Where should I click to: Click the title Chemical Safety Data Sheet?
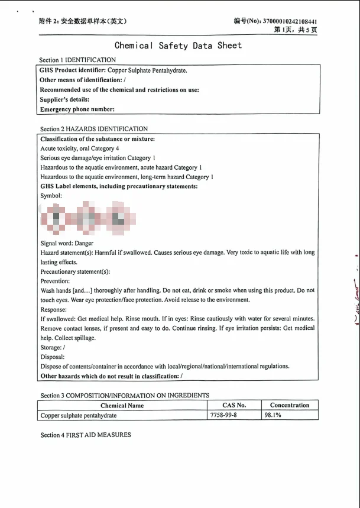(x=178, y=46)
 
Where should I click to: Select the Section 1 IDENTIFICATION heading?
(x=77, y=60)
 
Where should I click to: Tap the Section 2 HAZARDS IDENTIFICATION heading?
(x=94, y=128)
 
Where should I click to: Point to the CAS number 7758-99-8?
(x=223, y=415)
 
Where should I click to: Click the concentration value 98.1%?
(x=273, y=415)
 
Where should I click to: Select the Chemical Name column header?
(x=122, y=406)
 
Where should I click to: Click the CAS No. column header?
(x=234, y=405)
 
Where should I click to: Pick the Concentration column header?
(x=290, y=405)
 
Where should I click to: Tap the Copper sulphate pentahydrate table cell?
(x=79, y=415)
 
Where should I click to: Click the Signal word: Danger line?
(x=67, y=243)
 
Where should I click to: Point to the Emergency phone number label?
(x=77, y=109)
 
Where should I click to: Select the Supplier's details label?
(x=64, y=99)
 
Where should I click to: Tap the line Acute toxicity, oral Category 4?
(x=80, y=148)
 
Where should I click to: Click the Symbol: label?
(x=51, y=196)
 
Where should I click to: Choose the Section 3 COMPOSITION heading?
(x=125, y=395)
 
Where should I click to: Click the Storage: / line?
(x=53, y=348)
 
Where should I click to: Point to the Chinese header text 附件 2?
(x=53, y=22)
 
